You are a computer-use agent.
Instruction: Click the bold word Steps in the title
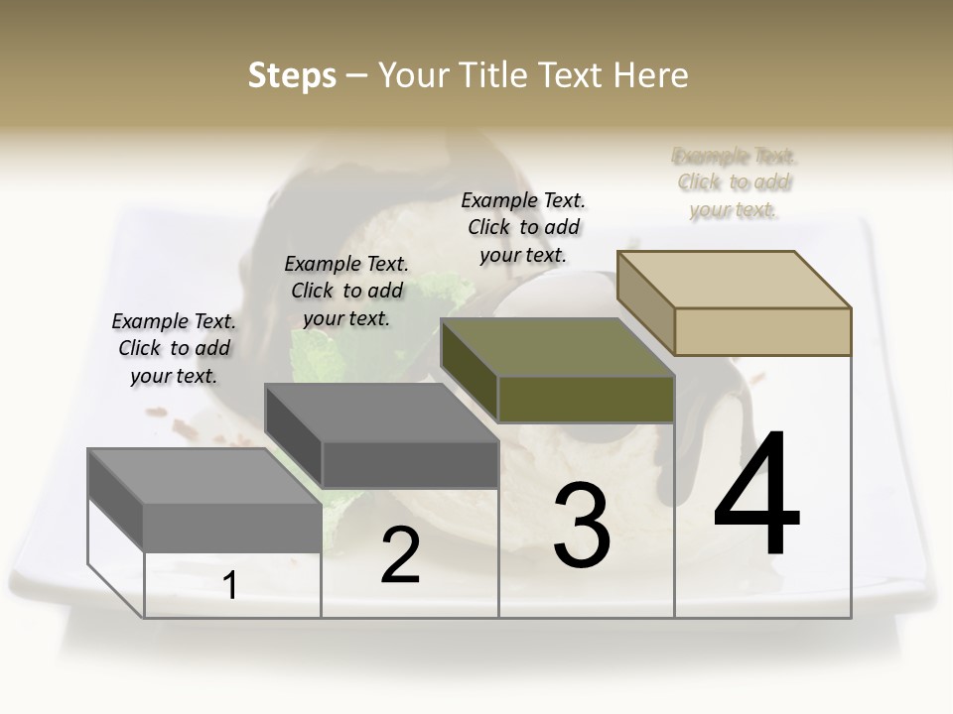pyautogui.click(x=292, y=75)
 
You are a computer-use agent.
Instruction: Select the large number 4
pyautogui.click(x=756, y=494)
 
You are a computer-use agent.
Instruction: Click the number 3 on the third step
pyautogui.click(x=582, y=526)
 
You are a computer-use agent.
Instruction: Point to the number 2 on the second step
pyautogui.click(x=401, y=555)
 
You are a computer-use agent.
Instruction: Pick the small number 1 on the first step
pyautogui.click(x=230, y=586)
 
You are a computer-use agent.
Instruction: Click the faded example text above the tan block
pyautogui.click(x=734, y=182)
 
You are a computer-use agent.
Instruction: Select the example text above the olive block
pyautogui.click(x=523, y=227)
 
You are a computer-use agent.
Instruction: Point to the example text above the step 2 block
pyautogui.click(x=346, y=291)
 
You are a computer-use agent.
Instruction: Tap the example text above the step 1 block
pyautogui.click(x=174, y=348)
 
